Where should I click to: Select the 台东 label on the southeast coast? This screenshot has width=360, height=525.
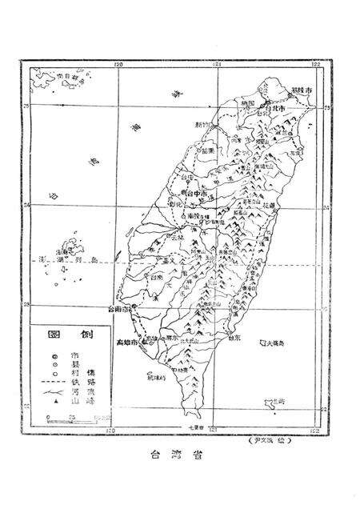tap(234, 337)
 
